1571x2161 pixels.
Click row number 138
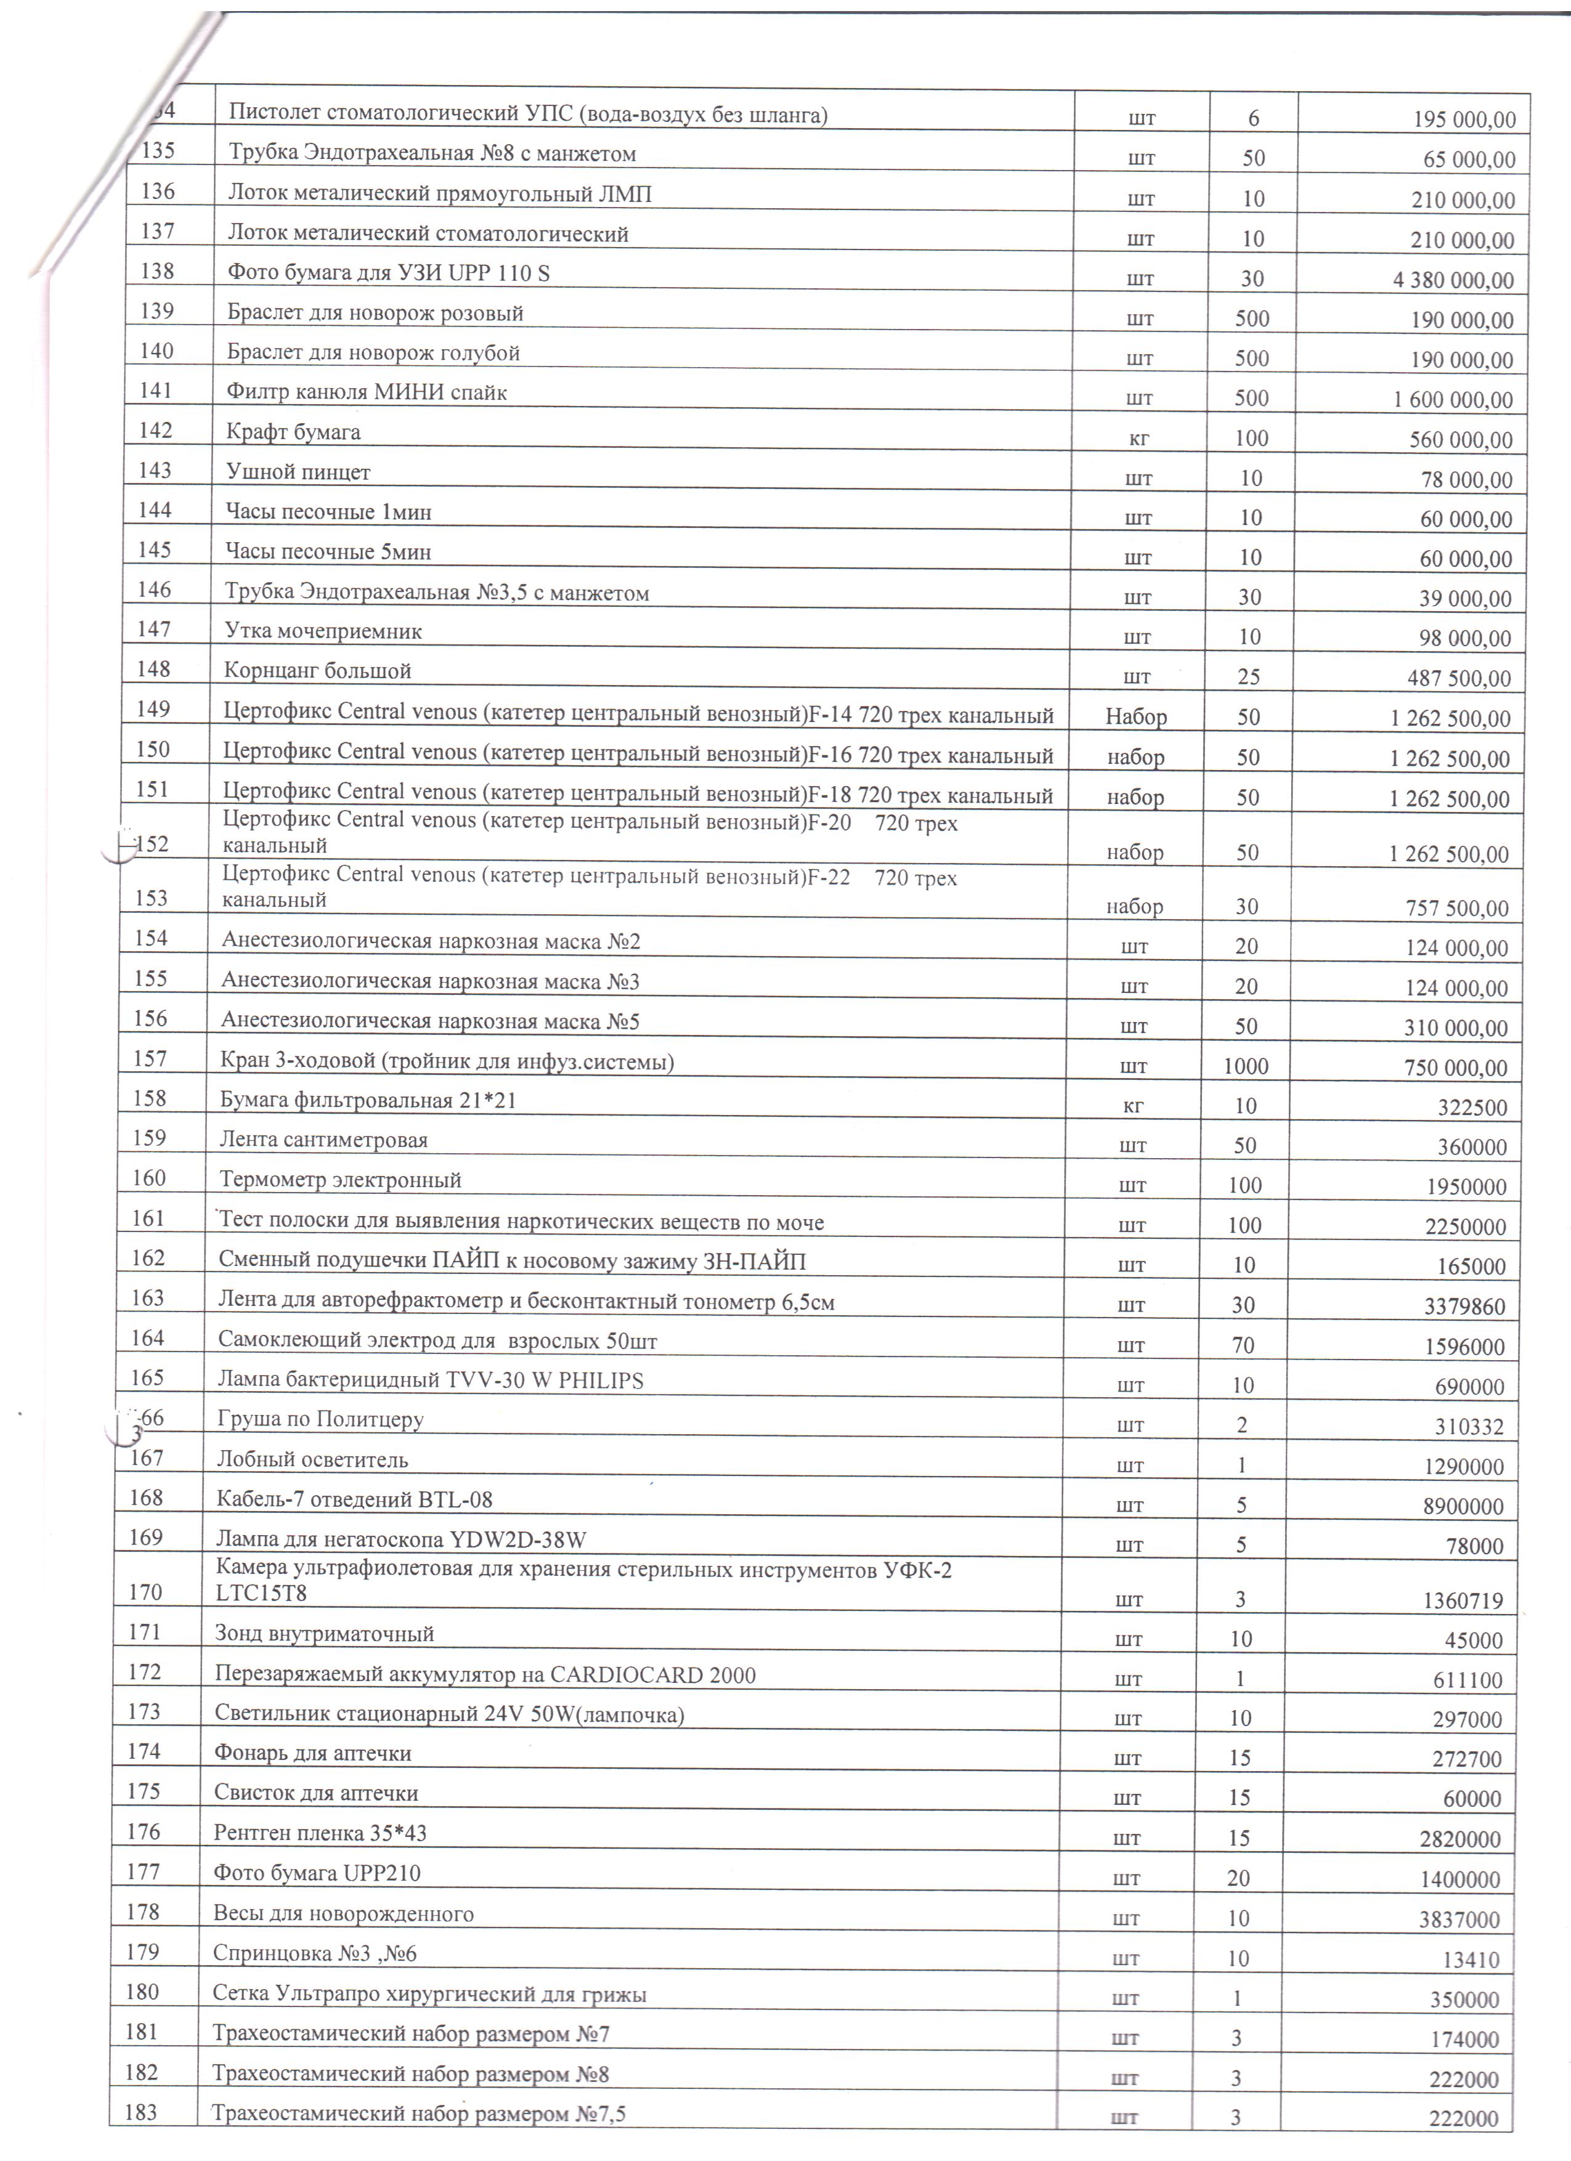coord(157,272)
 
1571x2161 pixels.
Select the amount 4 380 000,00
coord(1453,280)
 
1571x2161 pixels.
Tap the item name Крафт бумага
coord(293,432)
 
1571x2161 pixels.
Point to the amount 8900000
coord(1463,1506)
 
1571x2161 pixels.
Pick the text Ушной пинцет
coord(298,472)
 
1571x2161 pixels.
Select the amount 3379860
coord(1465,1307)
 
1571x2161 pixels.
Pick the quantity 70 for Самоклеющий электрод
coord(1243,1345)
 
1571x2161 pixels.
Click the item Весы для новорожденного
coord(343,1914)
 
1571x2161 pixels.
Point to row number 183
coord(141,2112)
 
